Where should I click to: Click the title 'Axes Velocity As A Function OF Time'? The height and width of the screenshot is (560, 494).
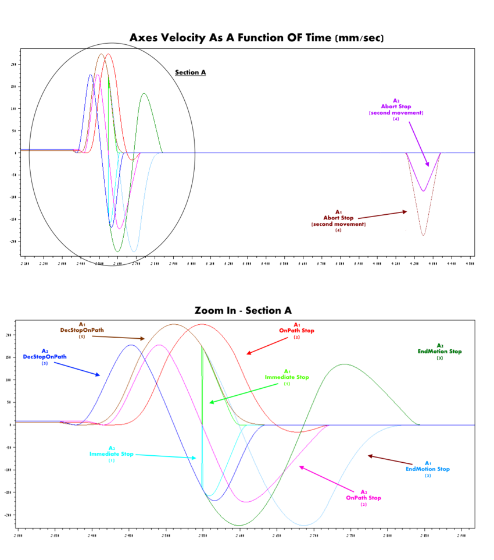click(x=256, y=38)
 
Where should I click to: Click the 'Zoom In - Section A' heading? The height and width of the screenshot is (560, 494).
click(x=243, y=311)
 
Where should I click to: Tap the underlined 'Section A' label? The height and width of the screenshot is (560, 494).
click(x=191, y=73)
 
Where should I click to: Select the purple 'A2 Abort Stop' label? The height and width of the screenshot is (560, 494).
click(x=396, y=109)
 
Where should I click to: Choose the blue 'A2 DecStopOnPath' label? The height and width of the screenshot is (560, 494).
click(x=44, y=356)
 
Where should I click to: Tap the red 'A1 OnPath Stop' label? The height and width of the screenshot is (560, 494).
click(x=296, y=330)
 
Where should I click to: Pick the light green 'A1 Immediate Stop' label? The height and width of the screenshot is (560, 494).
click(x=287, y=377)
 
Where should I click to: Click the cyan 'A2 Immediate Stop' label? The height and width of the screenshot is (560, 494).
click(x=111, y=454)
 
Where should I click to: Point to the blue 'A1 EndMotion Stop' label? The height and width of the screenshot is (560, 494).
click(x=428, y=469)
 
